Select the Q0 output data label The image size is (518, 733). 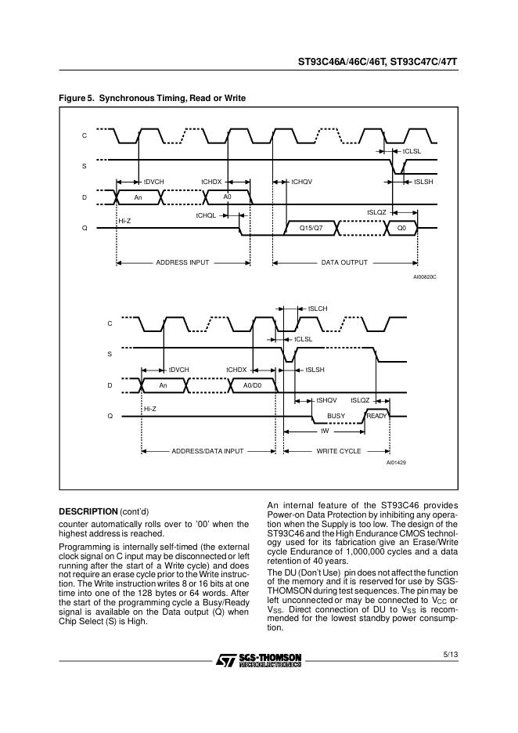pyautogui.click(x=401, y=228)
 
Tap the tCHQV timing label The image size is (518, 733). pyautogui.click(x=302, y=182)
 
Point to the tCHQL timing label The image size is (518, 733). pyautogui.click(x=206, y=215)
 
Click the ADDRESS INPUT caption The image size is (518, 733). pyautogui.click(x=182, y=262)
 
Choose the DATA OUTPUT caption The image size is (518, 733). pyautogui.click(x=344, y=262)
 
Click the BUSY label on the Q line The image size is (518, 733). pyautogui.click(x=336, y=416)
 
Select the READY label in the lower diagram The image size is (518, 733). pyautogui.click(x=376, y=416)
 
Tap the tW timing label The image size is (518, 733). pyautogui.click(x=325, y=431)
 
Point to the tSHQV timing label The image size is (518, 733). pyautogui.click(x=326, y=400)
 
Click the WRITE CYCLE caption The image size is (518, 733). pyautogui.click(x=338, y=452)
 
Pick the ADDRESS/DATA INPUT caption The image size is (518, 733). pyautogui.click(x=207, y=452)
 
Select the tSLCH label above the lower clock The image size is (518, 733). pyautogui.click(x=317, y=309)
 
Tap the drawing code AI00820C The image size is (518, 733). pyautogui.click(x=424, y=277)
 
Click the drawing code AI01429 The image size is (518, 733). pyautogui.click(x=395, y=464)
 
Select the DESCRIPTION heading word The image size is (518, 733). pyautogui.click(x=88, y=511)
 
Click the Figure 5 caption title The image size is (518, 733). pyautogui.click(x=153, y=98)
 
